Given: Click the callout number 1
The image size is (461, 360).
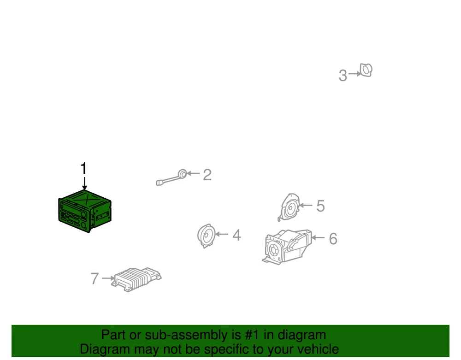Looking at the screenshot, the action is point(83,169).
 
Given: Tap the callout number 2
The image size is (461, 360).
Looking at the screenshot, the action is point(207,175).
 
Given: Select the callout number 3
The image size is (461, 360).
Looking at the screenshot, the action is point(343,76).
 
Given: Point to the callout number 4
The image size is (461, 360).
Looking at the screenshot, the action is point(236,235).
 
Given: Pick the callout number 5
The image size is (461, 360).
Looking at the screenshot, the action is point(320,206).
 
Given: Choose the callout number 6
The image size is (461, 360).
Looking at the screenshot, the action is point(333,239).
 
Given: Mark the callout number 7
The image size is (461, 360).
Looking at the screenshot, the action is point(95,278).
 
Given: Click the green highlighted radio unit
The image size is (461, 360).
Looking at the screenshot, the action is point(85,211).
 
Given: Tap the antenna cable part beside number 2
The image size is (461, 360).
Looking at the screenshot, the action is point(171,177).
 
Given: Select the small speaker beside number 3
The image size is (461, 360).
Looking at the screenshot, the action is point(366,70).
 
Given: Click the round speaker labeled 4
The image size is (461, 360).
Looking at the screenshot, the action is point(207,236).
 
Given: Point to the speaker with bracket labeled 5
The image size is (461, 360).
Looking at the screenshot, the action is point(290,207).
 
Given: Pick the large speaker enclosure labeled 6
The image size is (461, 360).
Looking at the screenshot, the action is point(287,247).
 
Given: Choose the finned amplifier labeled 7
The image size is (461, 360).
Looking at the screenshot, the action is point(136,279).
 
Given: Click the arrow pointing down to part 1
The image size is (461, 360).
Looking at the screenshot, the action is point(84,183).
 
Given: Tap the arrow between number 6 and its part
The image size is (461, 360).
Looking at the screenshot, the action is point(318,237).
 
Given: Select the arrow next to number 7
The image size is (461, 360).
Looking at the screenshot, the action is point(108,278).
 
